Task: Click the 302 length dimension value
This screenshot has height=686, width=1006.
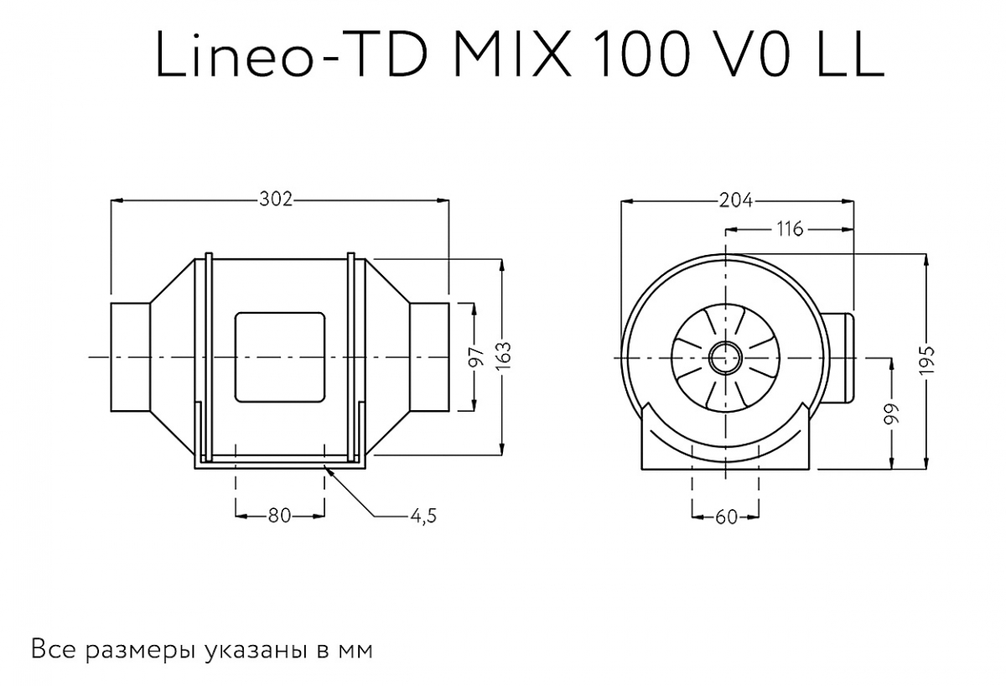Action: click(276, 200)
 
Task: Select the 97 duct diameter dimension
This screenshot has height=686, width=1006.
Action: click(476, 357)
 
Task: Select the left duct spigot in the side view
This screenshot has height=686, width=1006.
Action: click(130, 358)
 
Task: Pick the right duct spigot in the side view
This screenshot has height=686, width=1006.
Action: click(428, 358)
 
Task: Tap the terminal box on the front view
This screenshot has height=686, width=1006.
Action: click(841, 356)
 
